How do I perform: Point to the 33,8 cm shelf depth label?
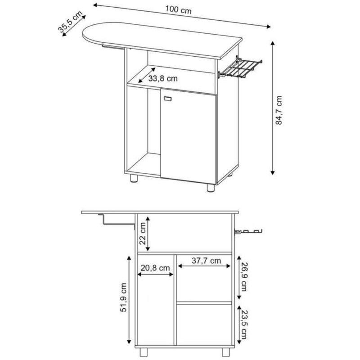tap(163, 79)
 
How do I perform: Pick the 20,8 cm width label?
tap(155, 268)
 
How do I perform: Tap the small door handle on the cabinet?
tap(167, 99)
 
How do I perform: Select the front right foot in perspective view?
tap(210, 187)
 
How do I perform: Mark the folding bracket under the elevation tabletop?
tap(118, 220)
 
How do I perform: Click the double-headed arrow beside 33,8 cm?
tap(146, 75)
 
